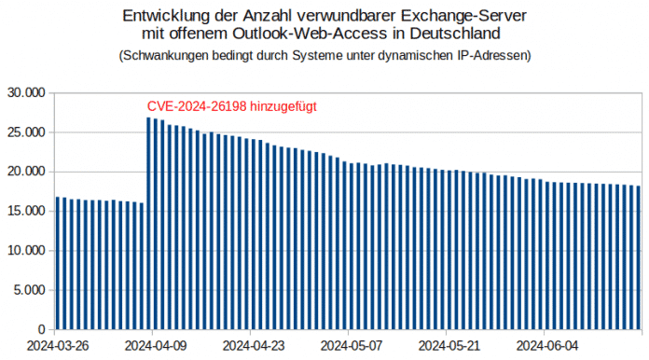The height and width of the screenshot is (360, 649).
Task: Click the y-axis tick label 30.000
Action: point(25,93)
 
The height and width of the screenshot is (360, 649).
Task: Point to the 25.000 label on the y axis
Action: point(25,132)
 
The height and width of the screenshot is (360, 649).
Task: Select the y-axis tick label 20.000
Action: point(25,172)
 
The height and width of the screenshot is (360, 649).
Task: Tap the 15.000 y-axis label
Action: point(25,212)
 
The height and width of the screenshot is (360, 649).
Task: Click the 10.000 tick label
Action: point(25,251)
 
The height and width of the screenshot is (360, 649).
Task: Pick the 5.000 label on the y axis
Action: point(29,290)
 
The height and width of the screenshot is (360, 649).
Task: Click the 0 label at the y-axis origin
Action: point(41,329)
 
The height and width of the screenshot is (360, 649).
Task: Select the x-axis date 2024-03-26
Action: point(58,344)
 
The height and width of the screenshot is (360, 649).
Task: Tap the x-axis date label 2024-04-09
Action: point(155,344)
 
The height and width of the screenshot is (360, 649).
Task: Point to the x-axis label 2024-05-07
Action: point(350,344)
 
